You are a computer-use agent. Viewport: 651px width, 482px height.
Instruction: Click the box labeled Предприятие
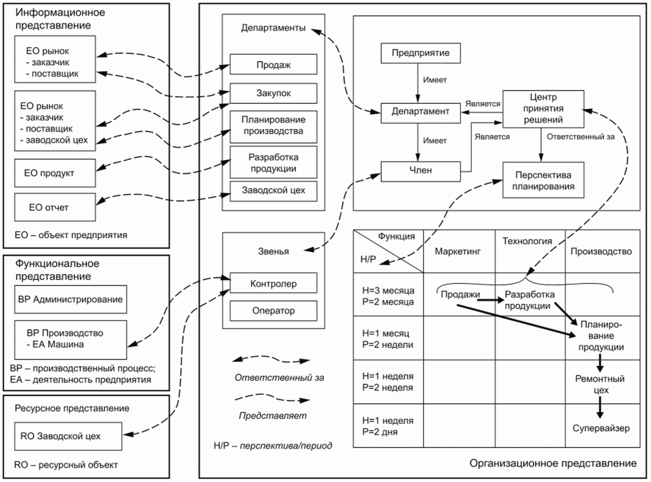[x=420, y=52]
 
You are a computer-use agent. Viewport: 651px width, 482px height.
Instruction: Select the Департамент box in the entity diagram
[x=420, y=112]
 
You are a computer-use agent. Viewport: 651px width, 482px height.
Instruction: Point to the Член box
[x=420, y=170]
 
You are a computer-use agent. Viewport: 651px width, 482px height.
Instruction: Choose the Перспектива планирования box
[x=542, y=181]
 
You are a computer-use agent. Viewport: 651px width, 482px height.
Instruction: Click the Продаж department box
[x=274, y=65]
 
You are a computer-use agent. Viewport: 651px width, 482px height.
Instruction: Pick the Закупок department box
[x=274, y=94]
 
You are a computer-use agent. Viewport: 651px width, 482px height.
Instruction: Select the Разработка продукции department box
[x=274, y=162]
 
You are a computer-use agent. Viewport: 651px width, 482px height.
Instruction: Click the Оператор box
[x=274, y=311]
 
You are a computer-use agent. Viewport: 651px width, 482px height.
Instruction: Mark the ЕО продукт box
[x=56, y=173]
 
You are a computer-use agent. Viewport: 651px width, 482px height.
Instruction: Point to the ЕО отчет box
[x=56, y=207]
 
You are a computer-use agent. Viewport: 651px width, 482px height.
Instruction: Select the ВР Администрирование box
[x=70, y=300]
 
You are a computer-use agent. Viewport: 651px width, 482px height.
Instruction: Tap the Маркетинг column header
[x=458, y=251]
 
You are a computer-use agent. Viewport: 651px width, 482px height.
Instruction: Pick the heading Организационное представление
[x=553, y=463]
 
